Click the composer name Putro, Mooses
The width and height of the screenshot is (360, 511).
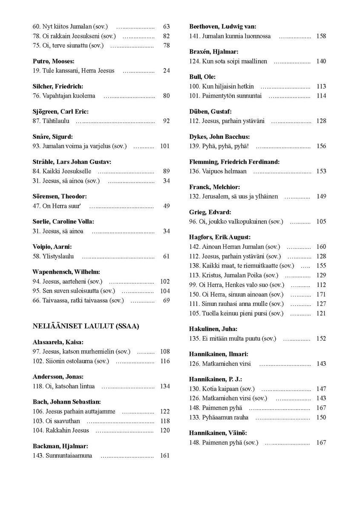[54, 61]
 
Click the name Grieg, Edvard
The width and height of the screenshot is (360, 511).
[210, 212]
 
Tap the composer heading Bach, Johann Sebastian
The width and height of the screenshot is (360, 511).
[66, 402]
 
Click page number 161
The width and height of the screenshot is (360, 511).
[165, 456]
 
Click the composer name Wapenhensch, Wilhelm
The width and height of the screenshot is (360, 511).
[66, 272]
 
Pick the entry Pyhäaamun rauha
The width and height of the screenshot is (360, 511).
[225, 418]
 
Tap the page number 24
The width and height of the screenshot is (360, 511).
[166, 71]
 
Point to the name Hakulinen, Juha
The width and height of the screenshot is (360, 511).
[213, 329]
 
